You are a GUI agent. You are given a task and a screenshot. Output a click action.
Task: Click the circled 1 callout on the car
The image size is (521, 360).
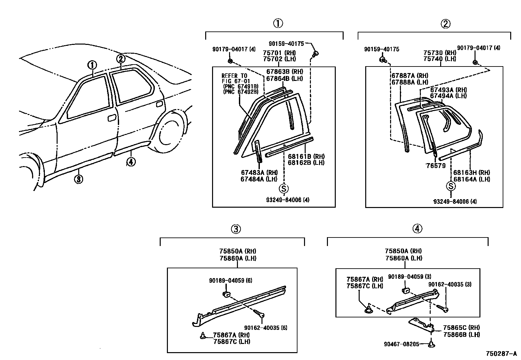92,65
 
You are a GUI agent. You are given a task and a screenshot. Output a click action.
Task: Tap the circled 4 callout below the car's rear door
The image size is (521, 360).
131,162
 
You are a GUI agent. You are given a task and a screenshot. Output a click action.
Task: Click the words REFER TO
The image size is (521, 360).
234,76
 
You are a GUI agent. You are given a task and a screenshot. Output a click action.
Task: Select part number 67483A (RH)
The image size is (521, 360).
259,172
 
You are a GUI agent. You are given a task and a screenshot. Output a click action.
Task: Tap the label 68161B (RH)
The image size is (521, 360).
306,156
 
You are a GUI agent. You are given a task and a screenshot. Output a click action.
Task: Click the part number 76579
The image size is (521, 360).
436,166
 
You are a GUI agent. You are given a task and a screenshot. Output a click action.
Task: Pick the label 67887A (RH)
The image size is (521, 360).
410,76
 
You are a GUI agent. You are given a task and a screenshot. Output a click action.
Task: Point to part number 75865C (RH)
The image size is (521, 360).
461,328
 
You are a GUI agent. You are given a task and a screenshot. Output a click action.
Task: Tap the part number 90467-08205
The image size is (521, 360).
402,344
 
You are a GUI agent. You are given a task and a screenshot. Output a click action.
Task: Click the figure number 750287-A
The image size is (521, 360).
501,354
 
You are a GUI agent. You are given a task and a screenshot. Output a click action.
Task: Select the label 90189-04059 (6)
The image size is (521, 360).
230,280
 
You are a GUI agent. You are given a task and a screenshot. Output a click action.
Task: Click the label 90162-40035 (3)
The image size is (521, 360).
450,285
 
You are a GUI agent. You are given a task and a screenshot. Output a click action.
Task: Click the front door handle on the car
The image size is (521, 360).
112,118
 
